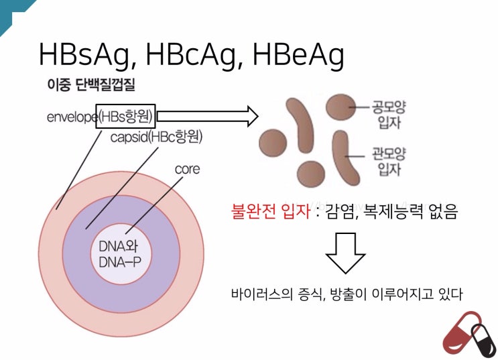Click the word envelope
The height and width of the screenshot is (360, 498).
coord(71,117)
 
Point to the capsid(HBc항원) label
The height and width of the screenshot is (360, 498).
coord(156,138)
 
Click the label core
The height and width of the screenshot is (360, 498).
coord(187,169)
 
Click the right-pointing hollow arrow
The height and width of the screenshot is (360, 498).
coord(208,116)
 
